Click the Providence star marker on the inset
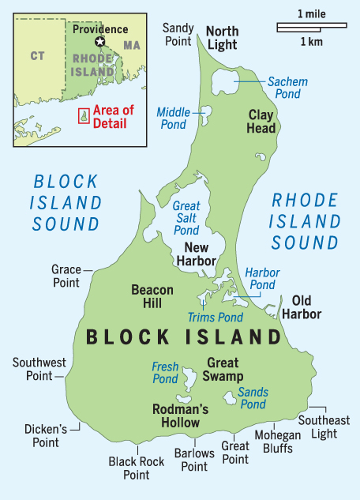pos(99,42)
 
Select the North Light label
pos(221,38)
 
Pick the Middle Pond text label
pos(173,118)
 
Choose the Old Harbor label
pos(306,306)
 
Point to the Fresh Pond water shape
pos(189,382)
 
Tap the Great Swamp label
pos(224,370)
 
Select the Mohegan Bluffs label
pos(274,442)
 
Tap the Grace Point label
pos(66,276)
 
